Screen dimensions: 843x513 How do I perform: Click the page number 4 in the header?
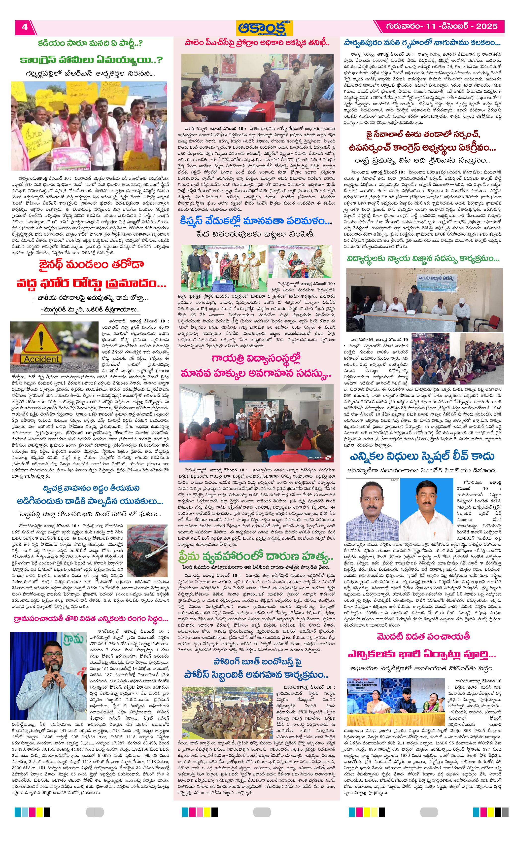click(x=25, y=27)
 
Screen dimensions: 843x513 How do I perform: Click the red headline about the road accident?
click(x=91, y=274)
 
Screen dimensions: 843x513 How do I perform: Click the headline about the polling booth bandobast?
click(x=256, y=667)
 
